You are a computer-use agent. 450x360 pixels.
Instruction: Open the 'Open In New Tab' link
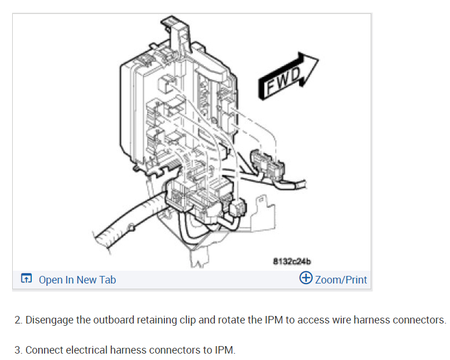[x=77, y=279]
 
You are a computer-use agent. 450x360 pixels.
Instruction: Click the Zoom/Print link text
[x=341, y=279]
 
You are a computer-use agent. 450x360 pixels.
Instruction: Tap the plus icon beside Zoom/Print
[x=306, y=278]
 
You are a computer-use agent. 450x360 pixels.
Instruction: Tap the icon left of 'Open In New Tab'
[x=27, y=279]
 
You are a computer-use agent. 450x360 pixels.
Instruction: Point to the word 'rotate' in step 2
[x=231, y=320]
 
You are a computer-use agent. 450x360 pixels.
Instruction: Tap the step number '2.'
[x=19, y=320]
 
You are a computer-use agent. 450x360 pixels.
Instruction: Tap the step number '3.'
[x=19, y=350]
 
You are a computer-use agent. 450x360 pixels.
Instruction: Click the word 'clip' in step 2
[x=186, y=320]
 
